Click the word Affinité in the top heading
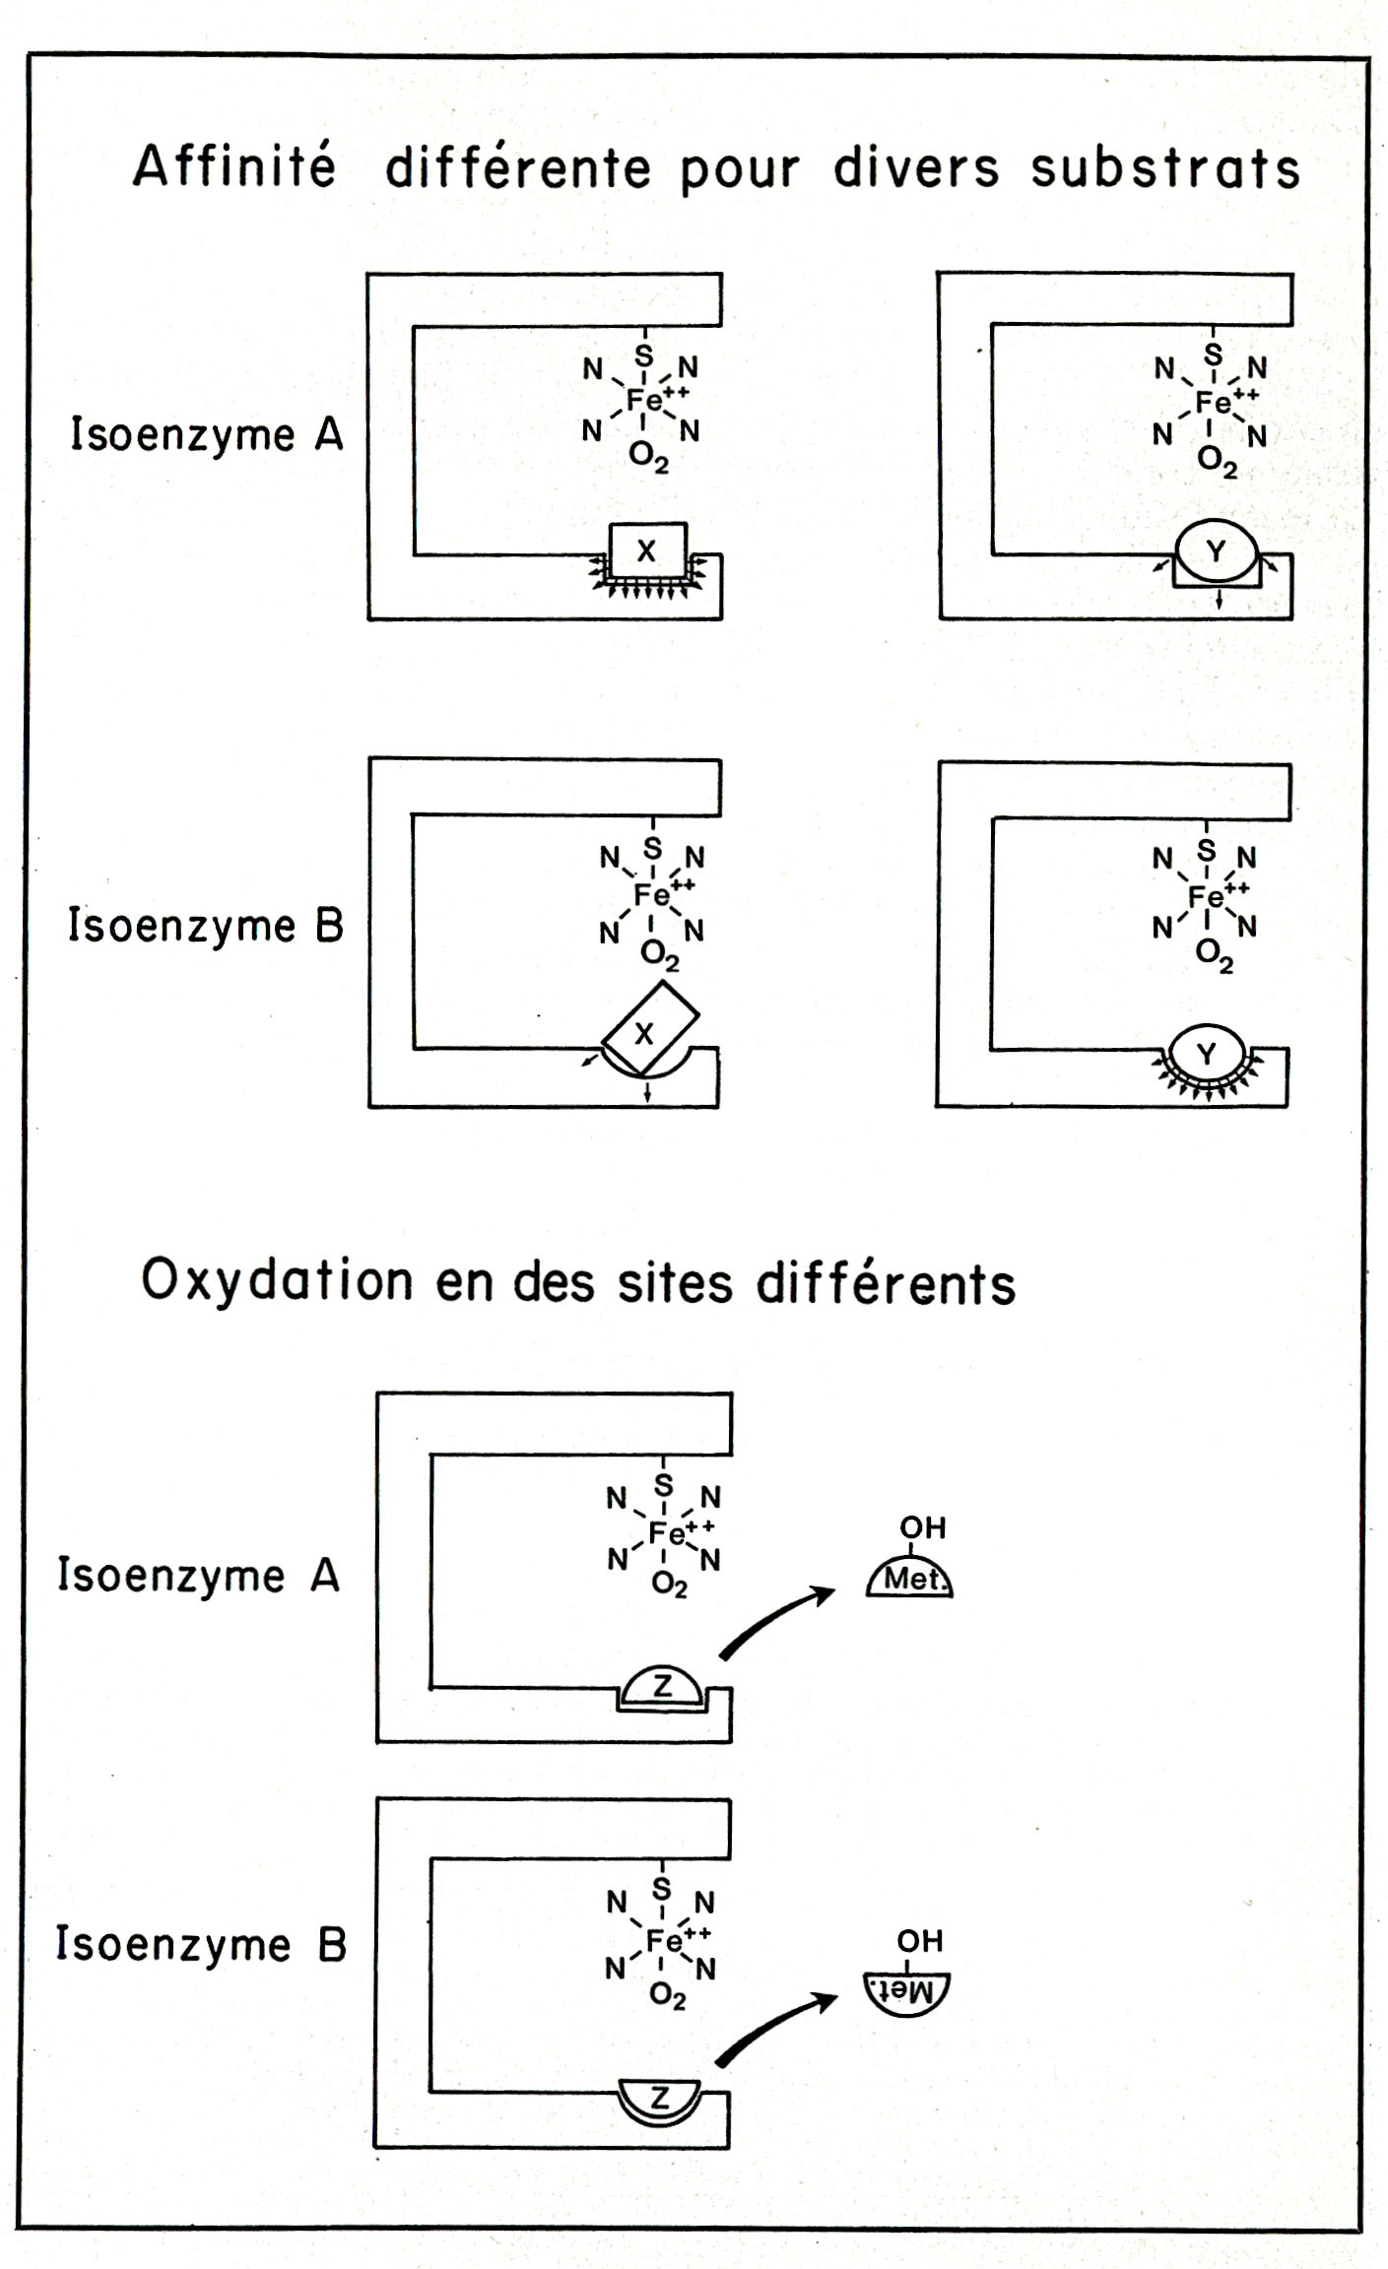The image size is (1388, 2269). click(x=234, y=165)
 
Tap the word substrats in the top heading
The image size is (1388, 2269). click(x=1165, y=168)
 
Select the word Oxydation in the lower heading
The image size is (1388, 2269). click(x=277, y=1281)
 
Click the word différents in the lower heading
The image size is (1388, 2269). click(x=886, y=1284)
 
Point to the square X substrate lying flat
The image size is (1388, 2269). click(x=647, y=550)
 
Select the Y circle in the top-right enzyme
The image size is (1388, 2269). click(x=1217, y=551)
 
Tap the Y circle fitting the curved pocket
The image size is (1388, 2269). click(x=1207, y=1055)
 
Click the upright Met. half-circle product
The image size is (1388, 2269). click(x=911, y=1579)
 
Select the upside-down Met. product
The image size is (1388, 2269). click(x=905, y=1990)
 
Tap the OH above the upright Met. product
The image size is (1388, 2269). click(x=922, y=1527)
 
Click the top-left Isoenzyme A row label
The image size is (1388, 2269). click(x=206, y=434)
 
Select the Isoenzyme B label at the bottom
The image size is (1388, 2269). click(x=201, y=1944)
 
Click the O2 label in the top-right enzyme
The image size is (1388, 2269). click(x=1217, y=462)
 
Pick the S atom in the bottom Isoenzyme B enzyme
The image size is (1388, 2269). click(x=662, y=1888)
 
